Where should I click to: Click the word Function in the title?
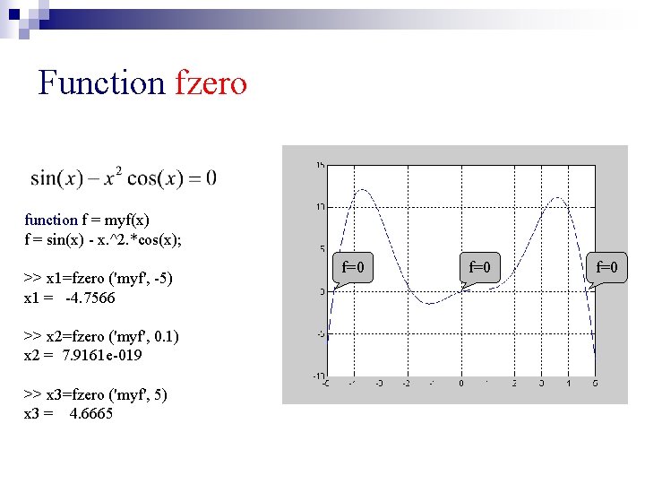101,83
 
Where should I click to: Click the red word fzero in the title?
211,83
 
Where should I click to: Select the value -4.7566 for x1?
90,298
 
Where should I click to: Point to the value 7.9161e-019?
102,355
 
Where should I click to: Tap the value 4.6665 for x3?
91,413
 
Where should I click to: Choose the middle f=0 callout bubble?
480,267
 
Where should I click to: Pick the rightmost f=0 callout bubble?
607,267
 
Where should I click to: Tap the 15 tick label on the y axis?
320,165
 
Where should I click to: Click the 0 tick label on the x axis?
460,384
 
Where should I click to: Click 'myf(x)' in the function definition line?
128,220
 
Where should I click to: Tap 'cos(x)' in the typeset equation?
155,178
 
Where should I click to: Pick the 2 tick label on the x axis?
514,384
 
